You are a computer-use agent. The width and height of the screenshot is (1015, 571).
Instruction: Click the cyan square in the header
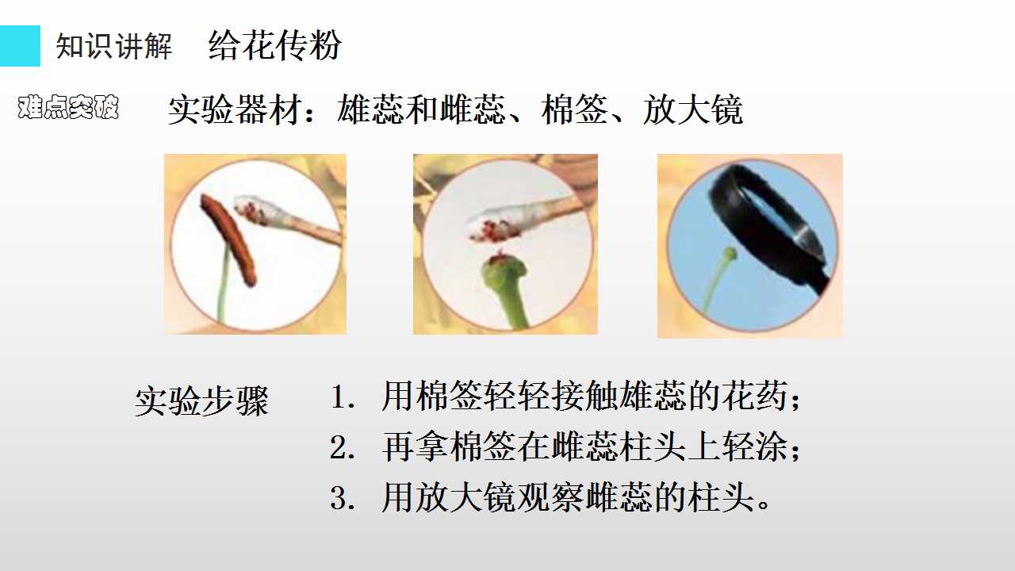[x=20, y=46]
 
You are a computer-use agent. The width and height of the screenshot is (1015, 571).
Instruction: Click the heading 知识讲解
[x=113, y=46]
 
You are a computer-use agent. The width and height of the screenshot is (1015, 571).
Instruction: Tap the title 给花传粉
[x=274, y=45]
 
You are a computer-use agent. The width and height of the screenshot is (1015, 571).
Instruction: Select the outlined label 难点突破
[x=68, y=107]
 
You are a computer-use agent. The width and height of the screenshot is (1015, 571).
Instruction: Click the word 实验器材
[x=235, y=109]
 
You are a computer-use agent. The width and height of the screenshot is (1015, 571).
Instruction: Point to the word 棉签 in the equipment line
[x=575, y=109]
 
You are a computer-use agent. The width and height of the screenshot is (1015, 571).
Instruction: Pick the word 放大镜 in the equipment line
[x=693, y=109]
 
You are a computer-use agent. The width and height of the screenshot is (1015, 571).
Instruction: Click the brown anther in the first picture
[x=229, y=240]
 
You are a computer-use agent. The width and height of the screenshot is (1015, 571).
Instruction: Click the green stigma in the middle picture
[x=504, y=271]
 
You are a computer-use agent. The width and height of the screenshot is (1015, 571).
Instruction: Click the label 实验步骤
[x=201, y=401]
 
